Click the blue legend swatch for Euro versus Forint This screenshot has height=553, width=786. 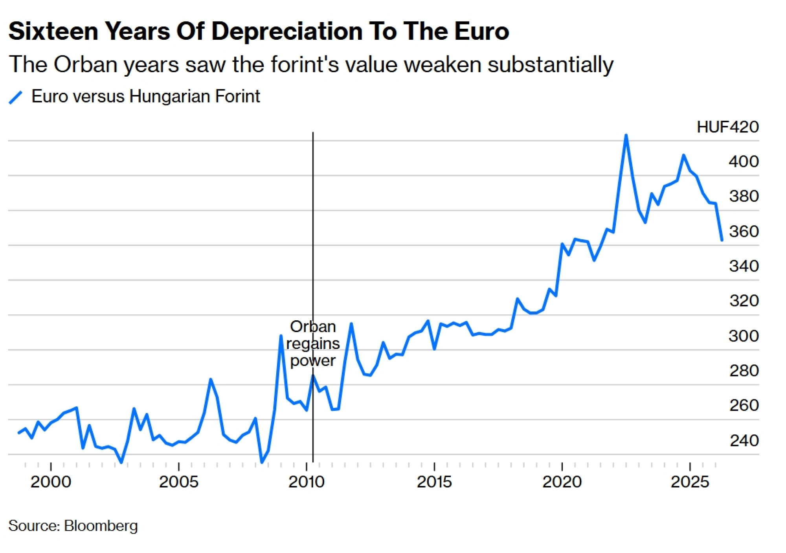(x=15, y=97)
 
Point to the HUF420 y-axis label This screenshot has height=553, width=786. (x=727, y=127)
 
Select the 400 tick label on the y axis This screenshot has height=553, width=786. (x=744, y=162)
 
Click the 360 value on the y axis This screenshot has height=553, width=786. (x=744, y=231)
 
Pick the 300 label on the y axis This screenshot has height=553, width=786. (x=744, y=336)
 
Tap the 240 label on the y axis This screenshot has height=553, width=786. (x=744, y=441)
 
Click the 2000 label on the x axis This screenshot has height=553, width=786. (x=51, y=482)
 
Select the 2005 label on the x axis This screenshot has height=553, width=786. (x=179, y=482)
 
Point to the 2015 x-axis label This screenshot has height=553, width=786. (x=434, y=482)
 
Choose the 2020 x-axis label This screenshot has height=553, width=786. (x=562, y=482)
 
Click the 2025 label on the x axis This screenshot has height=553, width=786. (x=690, y=482)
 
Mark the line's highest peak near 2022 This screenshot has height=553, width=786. (x=626, y=136)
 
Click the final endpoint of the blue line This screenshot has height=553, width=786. (x=722, y=240)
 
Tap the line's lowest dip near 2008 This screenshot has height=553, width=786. (x=262, y=463)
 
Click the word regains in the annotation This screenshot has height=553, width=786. (x=313, y=344)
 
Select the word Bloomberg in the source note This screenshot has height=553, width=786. (x=101, y=526)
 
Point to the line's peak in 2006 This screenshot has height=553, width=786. (x=211, y=379)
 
